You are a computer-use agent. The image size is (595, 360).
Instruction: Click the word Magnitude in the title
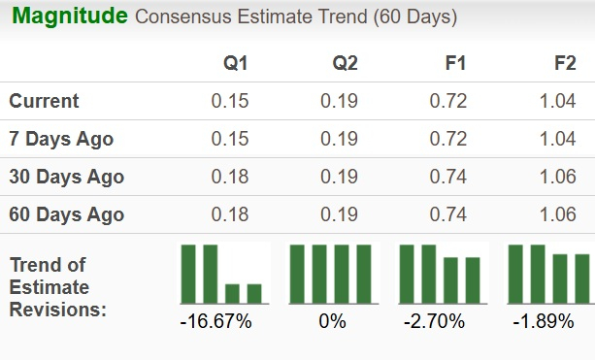pos(69,16)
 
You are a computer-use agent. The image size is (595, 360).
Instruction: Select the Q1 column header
pos(236,64)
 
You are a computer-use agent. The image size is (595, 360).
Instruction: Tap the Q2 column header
pos(345,64)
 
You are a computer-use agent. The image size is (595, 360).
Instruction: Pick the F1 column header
pos(454,64)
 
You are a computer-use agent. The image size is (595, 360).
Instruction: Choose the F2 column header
pos(564,64)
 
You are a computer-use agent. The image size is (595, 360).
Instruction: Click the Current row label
pos(45,101)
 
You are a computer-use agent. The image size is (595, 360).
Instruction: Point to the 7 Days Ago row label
pos(61,139)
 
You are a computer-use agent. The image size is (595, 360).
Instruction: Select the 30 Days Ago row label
pos(66,177)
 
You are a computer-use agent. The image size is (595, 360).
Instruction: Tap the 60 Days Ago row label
pos(66,214)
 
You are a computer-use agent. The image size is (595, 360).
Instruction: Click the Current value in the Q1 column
pos(230,101)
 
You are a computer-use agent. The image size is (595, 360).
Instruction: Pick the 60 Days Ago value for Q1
pos(230,214)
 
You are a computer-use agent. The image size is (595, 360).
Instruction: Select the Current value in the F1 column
pos(448,101)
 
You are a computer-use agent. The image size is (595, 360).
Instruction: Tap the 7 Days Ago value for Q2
pos(339,139)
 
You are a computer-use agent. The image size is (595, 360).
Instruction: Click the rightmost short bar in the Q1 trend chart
pos(254,293)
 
